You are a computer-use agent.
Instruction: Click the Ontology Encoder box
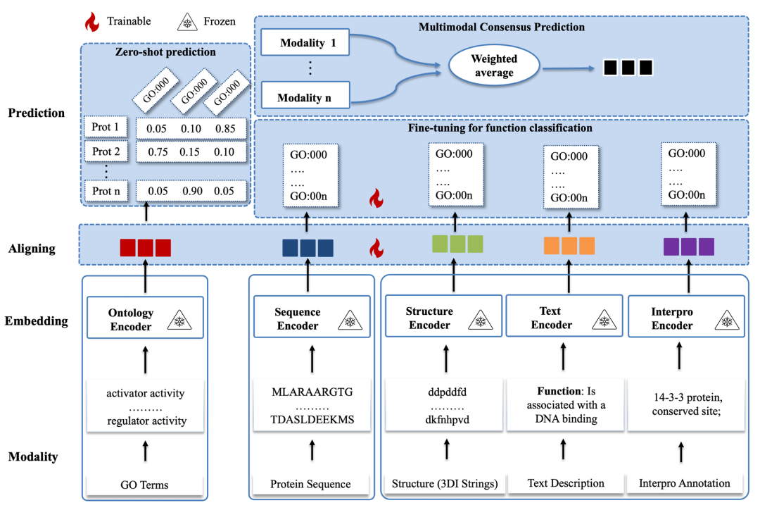(145, 318)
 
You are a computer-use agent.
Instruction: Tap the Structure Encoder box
(444, 318)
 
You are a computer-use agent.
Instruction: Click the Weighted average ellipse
(494, 67)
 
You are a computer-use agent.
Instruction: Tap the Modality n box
(305, 97)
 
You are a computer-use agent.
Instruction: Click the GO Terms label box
(145, 485)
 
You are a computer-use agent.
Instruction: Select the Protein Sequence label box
(311, 485)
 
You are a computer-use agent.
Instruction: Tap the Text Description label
(565, 483)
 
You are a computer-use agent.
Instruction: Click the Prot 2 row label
(107, 151)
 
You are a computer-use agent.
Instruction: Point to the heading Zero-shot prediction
(166, 52)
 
